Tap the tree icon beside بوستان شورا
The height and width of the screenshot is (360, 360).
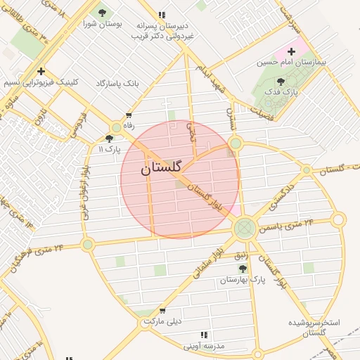(x=102, y=13)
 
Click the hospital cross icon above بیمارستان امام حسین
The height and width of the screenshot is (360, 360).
(x=291, y=51)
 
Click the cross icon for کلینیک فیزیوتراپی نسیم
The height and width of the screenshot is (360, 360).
(x=41, y=71)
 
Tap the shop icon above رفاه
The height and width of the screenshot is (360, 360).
(x=128, y=115)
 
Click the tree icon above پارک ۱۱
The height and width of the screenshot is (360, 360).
(x=109, y=139)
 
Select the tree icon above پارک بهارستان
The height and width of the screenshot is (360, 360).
(x=243, y=269)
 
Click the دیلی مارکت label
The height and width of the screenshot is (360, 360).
(x=163, y=321)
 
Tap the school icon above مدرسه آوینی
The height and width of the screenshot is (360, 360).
(x=204, y=335)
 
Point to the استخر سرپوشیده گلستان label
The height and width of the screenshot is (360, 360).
(x=314, y=328)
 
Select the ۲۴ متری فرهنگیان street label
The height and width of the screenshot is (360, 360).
(x=39, y=256)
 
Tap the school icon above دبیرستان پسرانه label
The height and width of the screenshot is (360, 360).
(x=162, y=14)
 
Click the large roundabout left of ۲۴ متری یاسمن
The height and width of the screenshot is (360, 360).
(x=245, y=227)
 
